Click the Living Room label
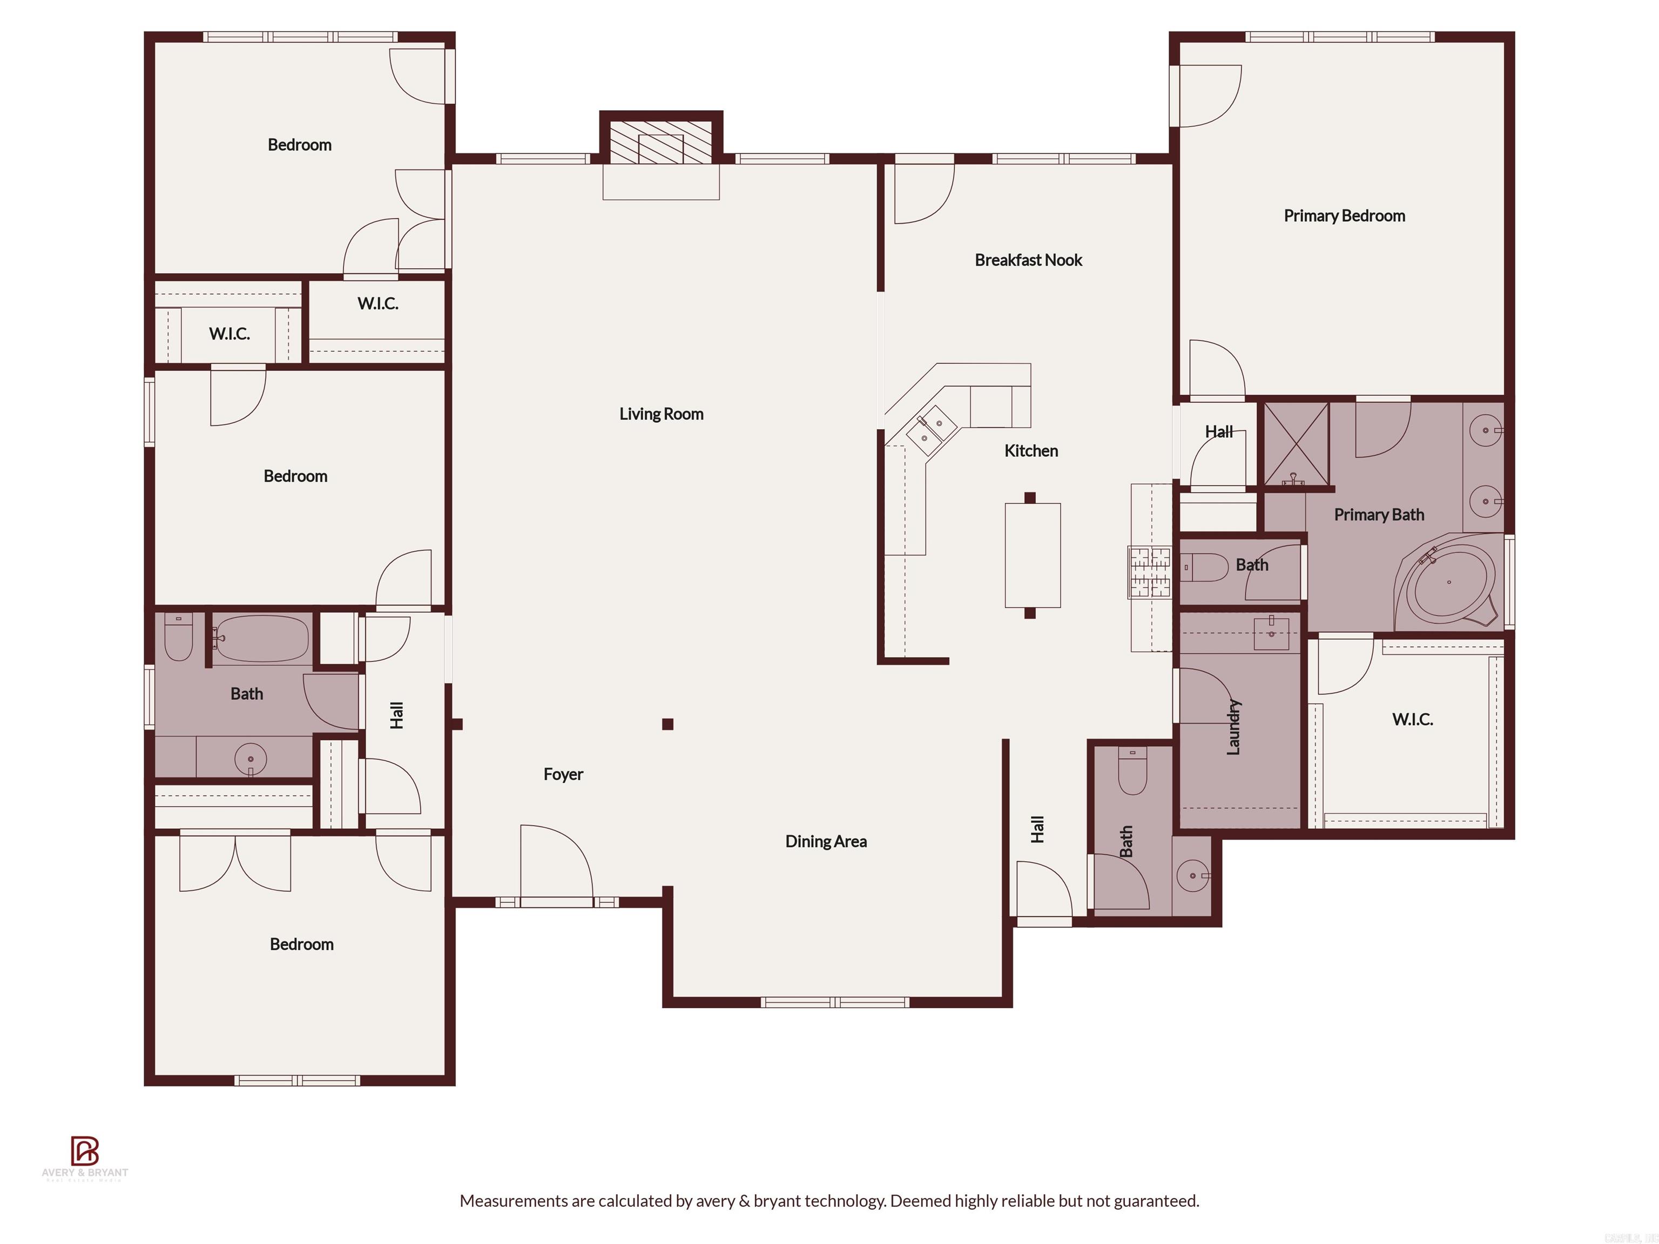coord(661,414)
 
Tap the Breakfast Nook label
coord(1028,260)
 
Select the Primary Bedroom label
coord(1344,216)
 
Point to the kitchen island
coord(1032,555)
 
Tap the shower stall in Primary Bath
coord(1296,443)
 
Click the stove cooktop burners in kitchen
coord(1150,572)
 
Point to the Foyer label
coord(563,774)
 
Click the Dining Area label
coord(826,841)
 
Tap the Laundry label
coord(1233,727)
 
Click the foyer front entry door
coord(556,862)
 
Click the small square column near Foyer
coord(667,724)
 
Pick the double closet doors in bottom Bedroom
coord(235,862)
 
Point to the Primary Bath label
coord(1379,515)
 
